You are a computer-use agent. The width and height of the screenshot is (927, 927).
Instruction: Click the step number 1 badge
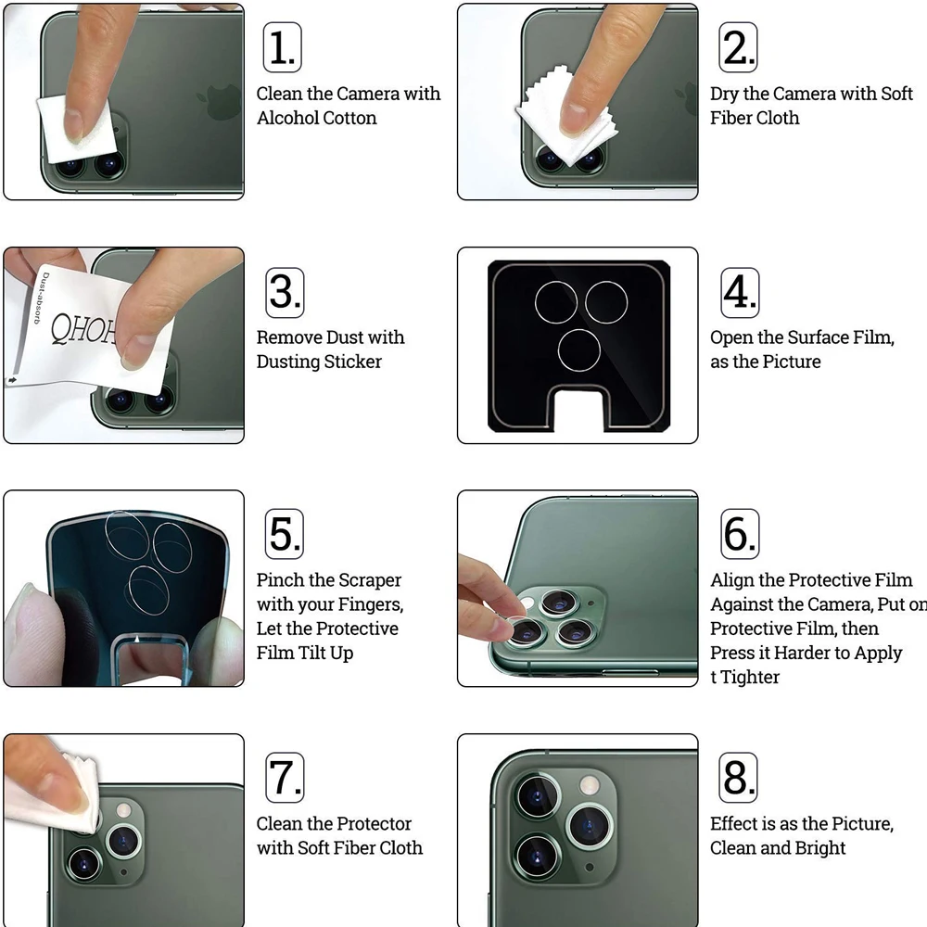tap(282, 47)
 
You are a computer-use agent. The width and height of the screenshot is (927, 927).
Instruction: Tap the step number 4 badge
tap(740, 293)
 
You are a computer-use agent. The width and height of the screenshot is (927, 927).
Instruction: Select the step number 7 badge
tap(285, 778)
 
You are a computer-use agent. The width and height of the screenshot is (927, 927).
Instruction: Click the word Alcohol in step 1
tap(288, 118)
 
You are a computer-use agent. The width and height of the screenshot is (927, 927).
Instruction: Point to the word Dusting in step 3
tap(288, 362)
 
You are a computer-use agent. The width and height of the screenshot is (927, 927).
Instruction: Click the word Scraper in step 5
tap(372, 580)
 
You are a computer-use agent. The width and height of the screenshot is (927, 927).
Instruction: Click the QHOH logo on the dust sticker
tap(83, 329)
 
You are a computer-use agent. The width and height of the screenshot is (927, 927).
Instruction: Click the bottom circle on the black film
tap(578, 350)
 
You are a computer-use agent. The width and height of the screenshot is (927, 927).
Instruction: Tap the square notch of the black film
tap(578, 409)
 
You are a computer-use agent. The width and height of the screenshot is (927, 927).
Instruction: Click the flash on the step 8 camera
tap(589, 785)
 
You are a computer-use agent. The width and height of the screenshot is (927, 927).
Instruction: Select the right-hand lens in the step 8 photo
tap(590, 825)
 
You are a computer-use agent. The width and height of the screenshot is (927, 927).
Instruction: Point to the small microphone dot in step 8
tap(589, 868)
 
